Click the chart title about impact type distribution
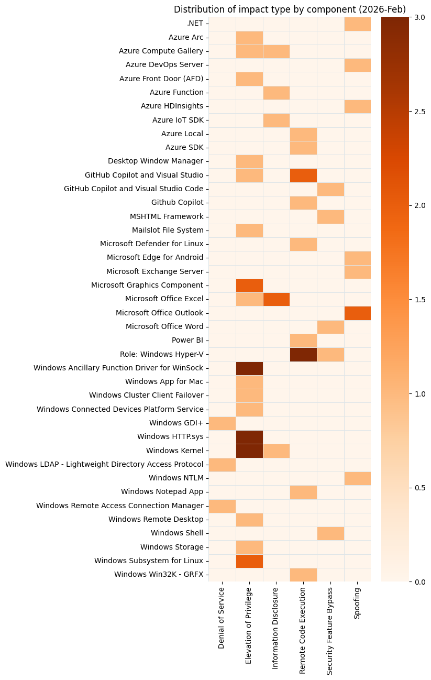[290, 9]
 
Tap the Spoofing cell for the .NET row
[357, 24]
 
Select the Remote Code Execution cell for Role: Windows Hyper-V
[303, 355]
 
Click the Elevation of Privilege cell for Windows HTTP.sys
[249, 436]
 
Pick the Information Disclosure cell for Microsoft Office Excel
[276, 299]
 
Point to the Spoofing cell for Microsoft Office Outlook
[357, 313]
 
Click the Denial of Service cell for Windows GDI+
[222, 423]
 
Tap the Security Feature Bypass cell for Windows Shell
[330, 533]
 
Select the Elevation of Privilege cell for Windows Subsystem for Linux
[249, 561]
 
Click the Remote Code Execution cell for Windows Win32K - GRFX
[303, 575]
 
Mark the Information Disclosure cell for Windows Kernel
[276, 451]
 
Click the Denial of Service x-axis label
[222, 618]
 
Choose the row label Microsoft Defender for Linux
[151, 244]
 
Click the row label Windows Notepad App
[162, 492]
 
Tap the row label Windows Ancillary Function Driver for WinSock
[118, 368]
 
